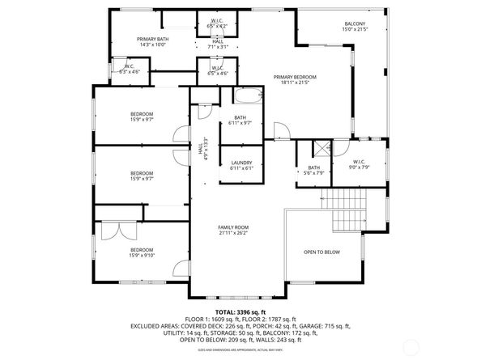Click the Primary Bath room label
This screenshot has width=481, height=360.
152,39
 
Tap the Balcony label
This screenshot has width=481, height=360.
355,23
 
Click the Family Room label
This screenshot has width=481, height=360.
233,227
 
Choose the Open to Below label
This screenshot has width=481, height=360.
321,252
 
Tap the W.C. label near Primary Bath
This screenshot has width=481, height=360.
130,66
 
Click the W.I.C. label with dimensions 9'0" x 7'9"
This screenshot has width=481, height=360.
360,162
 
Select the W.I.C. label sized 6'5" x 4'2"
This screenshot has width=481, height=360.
217,20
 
